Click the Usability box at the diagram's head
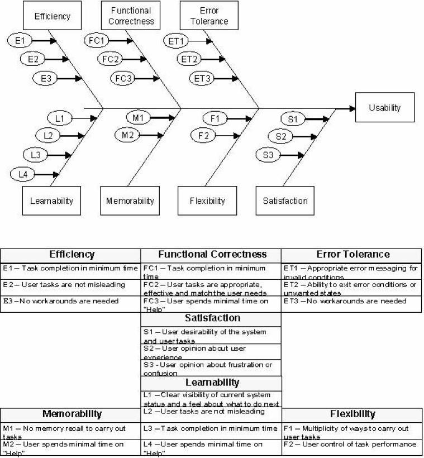click(384, 107)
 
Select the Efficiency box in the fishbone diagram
click(52, 16)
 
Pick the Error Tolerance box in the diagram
click(206, 16)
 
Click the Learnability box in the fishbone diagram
click(51, 201)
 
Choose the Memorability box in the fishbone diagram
click(130, 201)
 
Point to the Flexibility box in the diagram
click(207, 201)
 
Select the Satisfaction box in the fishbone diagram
click(285, 201)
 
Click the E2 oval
click(32, 59)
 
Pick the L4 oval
click(22, 174)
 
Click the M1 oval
click(138, 117)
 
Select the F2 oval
click(203, 135)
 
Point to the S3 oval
click(268, 155)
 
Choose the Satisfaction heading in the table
click(211, 318)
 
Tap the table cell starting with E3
click(70, 302)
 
